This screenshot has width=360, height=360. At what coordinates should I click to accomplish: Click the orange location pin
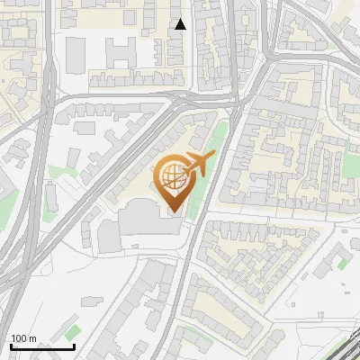coord(173,184)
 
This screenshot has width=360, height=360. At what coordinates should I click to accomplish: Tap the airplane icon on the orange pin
coord(199,164)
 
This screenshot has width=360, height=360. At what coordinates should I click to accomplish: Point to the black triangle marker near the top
coord(181,24)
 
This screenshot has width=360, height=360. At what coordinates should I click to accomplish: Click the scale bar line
coord(42,347)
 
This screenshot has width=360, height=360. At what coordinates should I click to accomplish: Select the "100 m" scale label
coord(23,338)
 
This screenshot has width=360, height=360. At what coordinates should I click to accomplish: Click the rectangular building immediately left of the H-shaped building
coord(76,56)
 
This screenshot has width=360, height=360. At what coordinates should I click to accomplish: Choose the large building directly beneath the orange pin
coord(148,219)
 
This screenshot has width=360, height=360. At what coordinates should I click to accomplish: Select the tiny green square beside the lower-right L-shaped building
coord(342,264)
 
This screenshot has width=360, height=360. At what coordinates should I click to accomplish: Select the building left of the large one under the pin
coord(108,237)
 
